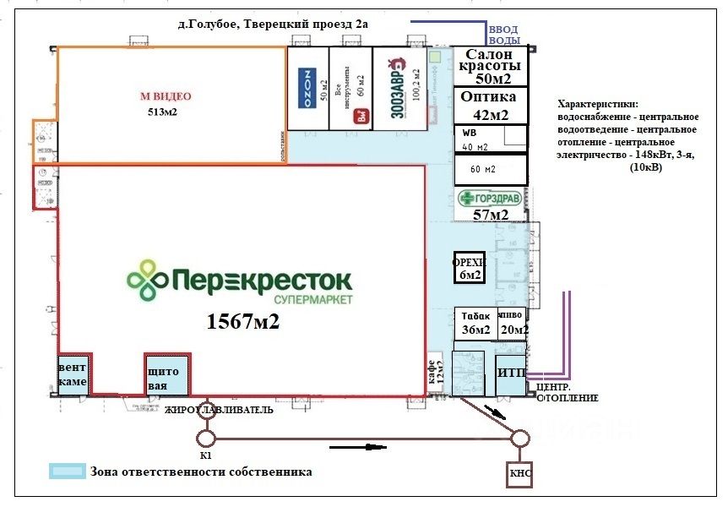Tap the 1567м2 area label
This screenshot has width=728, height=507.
pyautogui.click(x=243, y=321)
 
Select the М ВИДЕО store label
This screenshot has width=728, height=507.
pyautogui.click(x=166, y=97)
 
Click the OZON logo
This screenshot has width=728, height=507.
pyautogui.click(x=308, y=87)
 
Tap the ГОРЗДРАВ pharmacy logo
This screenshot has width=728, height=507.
pyautogui.click(x=492, y=199)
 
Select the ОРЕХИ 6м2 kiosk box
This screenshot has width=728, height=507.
pyautogui.click(x=468, y=266)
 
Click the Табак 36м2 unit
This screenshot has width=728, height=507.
pyautogui.click(x=475, y=323)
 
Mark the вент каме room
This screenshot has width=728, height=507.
pyautogui.click(x=73, y=375)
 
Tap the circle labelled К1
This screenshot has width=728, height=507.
pyautogui.click(x=206, y=438)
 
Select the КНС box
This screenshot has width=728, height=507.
pyautogui.click(x=519, y=476)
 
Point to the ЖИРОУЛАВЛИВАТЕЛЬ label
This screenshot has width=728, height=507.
pyautogui.click(x=219, y=411)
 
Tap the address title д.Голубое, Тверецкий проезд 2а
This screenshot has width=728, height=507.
pyautogui.click(x=274, y=25)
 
